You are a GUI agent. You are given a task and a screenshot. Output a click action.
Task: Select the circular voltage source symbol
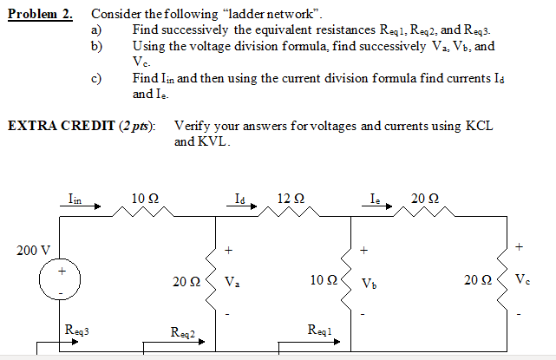pyautogui.click(x=61, y=281)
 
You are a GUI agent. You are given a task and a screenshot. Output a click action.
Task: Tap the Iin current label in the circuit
pyautogui.click(x=75, y=199)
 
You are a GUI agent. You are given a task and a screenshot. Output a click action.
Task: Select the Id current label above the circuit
pyautogui.click(x=240, y=199)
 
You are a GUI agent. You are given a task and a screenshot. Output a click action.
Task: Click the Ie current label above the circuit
pyautogui.click(x=376, y=199)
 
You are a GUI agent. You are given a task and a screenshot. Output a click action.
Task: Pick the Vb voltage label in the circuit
pyautogui.click(x=369, y=282)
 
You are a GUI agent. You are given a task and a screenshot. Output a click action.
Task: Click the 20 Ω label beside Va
pyautogui.click(x=185, y=281)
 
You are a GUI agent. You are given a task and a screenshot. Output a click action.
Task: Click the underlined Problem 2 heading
pyautogui.click(x=41, y=15)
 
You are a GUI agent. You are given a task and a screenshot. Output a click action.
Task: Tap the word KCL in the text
pyautogui.click(x=479, y=126)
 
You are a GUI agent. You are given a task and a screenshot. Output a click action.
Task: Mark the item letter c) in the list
pyautogui.click(x=96, y=78)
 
